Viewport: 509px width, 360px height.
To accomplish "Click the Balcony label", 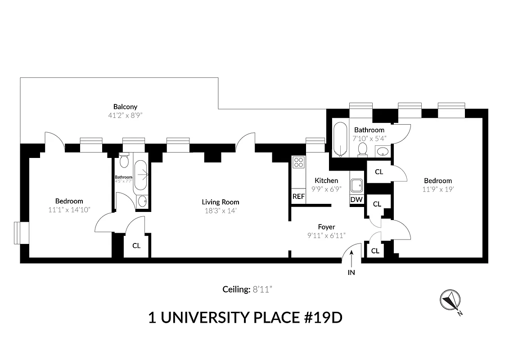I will pyautogui.click(x=125, y=107).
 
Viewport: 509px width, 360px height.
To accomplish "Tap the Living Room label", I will pyautogui.click(x=221, y=202).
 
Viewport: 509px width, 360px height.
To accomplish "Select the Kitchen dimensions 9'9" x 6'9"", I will pyautogui.click(x=326, y=189).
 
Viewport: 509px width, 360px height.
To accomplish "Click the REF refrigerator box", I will pyautogui.click(x=298, y=197).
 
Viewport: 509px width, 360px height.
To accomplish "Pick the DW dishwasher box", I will pyautogui.click(x=356, y=199).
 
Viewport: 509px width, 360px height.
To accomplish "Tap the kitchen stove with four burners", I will pyautogui.click(x=298, y=162).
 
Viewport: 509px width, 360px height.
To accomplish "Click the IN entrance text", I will pyautogui.click(x=351, y=272).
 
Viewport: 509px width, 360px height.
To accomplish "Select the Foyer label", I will pyautogui.click(x=326, y=227).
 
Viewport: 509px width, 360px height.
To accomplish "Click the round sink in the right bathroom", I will pyautogui.click(x=382, y=151).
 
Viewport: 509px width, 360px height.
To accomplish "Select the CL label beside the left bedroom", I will pyautogui.click(x=136, y=246).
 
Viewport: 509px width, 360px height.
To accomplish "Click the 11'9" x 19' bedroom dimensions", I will pyautogui.click(x=437, y=189).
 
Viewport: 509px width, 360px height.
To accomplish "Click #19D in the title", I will pyautogui.click(x=321, y=317).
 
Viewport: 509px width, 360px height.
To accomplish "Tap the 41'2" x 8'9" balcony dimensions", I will pyautogui.click(x=125, y=115).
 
